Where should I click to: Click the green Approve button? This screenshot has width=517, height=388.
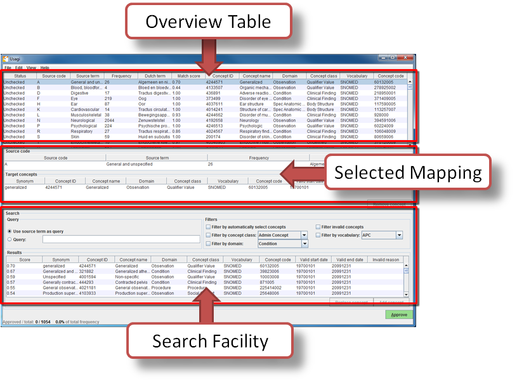point(398,314)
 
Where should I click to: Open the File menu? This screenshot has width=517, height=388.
point(8,67)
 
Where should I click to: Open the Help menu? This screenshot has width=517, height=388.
point(45,67)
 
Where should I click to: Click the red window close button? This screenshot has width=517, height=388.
point(404,58)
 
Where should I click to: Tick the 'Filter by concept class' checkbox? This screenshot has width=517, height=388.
point(207,235)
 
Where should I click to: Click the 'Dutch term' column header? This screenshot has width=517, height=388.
point(154,76)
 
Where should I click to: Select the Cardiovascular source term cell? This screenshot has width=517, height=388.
point(85,110)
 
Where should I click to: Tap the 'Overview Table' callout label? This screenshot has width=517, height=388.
point(209,22)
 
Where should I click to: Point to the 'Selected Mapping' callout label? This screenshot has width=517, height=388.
point(409,172)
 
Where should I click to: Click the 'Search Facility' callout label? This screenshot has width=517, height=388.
point(210,341)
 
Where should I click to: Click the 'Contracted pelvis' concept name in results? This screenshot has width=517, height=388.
point(132,282)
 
